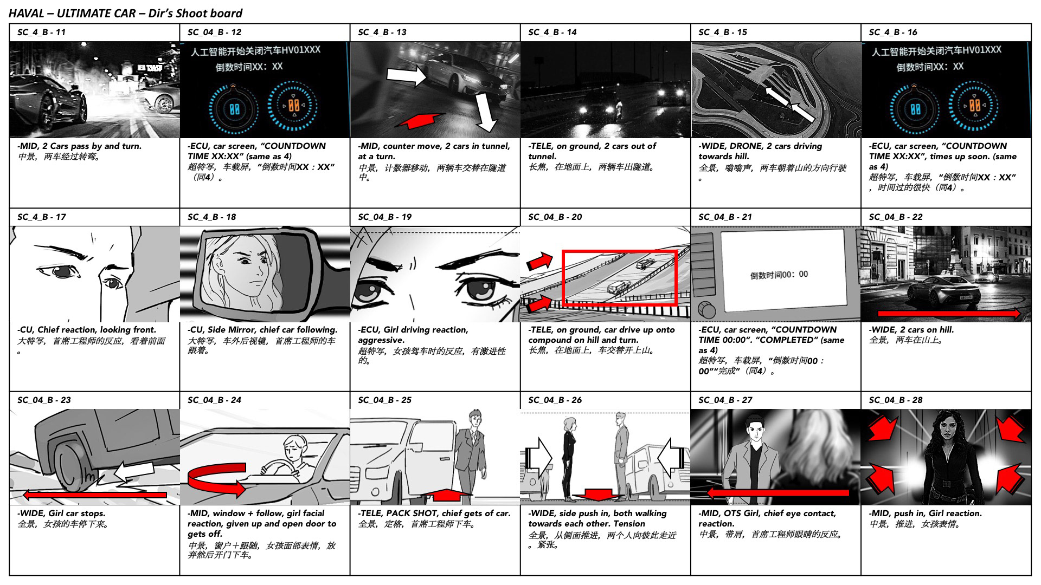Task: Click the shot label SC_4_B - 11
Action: (41, 32)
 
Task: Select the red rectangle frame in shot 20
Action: (619, 278)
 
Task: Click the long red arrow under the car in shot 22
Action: (949, 313)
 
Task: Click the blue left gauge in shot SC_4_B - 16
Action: (916, 108)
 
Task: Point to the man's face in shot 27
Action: (755, 431)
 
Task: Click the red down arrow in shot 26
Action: (599, 494)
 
